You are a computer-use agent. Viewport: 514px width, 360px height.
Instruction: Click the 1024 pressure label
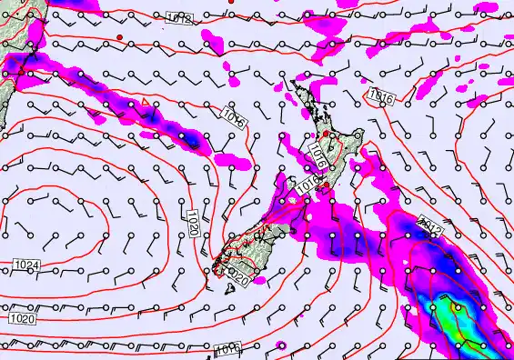(26, 265)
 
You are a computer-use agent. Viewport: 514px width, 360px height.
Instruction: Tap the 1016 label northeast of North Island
(380, 95)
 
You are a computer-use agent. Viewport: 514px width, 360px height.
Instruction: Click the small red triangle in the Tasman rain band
(146, 102)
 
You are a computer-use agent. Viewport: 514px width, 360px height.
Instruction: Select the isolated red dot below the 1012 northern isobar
(119, 36)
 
